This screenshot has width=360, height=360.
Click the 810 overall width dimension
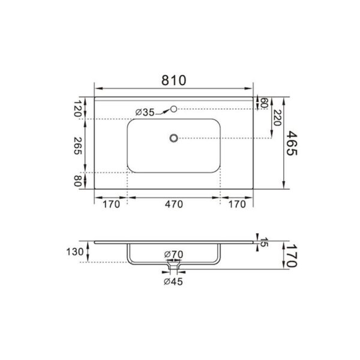[x=173, y=80]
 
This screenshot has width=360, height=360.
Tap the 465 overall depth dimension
[x=292, y=143]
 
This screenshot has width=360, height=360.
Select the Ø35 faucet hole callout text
[x=145, y=112]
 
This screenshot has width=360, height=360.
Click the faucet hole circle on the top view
[x=174, y=109]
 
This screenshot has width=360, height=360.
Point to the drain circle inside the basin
[x=174, y=138]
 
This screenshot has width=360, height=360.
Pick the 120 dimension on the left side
[x=77, y=109]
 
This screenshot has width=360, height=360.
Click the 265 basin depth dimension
[x=77, y=146]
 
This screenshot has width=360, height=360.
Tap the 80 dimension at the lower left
[x=77, y=181]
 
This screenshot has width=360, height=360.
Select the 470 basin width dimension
[x=174, y=204]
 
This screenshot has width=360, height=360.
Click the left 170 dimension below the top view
[x=111, y=204]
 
